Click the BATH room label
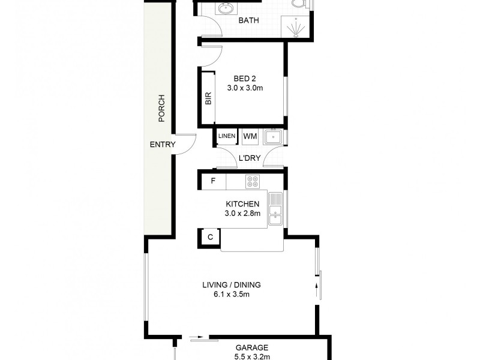point(248,20)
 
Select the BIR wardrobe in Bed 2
point(208,98)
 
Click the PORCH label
point(161,109)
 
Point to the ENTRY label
point(162,145)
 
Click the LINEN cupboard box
point(227,137)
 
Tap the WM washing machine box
point(250,137)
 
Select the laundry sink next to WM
point(274,137)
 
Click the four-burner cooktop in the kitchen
point(252,181)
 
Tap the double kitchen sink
point(275,209)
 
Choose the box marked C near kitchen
point(210,238)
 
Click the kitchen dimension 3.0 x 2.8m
point(242,213)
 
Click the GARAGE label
point(251,347)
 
